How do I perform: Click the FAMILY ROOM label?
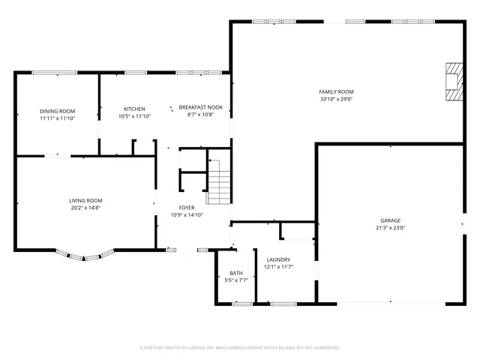coord(336,91)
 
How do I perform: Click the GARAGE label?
coord(389,220)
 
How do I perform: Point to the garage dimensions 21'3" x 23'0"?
coord(389,229)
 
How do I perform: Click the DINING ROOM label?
coord(57,111)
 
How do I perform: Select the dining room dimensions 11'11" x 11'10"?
coord(57,118)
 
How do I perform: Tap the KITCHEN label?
coord(134,109)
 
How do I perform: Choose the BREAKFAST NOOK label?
coord(200,108)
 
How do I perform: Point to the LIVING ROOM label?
coord(85,200)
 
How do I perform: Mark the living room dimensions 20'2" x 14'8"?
coord(85,208)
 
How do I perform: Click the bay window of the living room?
coord(82,256)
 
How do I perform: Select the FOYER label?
coord(187,208)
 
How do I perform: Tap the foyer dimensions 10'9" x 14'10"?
coord(187,216)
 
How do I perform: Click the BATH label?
coord(236,273)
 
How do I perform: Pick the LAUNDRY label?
coord(277,259)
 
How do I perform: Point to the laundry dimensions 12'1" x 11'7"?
coord(277,266)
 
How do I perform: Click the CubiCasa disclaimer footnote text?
coord(240,347)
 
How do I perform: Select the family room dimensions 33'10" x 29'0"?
coord(336,98)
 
